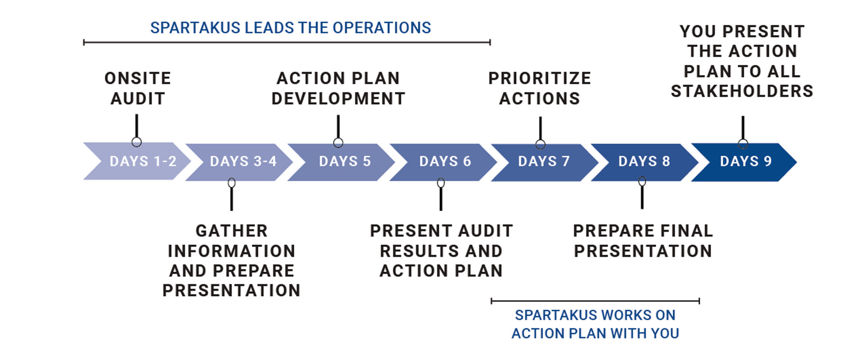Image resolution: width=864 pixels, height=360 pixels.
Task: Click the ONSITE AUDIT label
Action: [x=138, y=88]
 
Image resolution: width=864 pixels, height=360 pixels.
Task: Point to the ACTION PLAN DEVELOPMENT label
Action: [x=338, y=88]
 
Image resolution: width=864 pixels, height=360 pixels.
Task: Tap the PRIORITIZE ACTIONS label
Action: [x=540, y=88]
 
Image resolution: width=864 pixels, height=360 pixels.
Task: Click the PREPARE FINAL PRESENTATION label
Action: [x=643, y=241]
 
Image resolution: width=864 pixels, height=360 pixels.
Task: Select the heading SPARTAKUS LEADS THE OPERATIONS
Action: [x=291, y=28]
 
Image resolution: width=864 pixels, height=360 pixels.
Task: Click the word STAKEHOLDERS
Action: [x=742, y=91]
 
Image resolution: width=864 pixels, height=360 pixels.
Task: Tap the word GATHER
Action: [x=232, y=231]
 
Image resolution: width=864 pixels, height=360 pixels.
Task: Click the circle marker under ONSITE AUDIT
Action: [x=137, y=142]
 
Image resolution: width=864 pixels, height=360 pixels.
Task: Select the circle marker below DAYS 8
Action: [x=642, y=181]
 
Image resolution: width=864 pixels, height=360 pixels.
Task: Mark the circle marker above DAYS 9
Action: [x=743, y=144]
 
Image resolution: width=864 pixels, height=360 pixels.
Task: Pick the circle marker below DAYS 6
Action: [x=441, y=183]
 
